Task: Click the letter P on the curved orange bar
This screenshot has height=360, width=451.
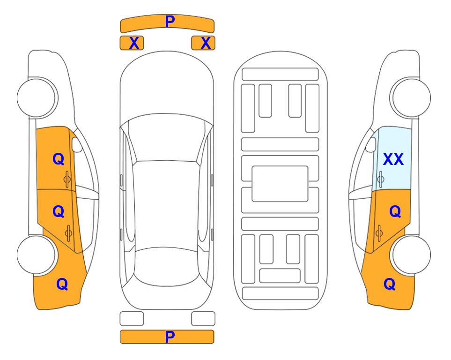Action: point(170,22)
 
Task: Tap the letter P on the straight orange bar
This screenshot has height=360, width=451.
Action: point(170,337)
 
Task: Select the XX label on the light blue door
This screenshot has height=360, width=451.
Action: point(393,159)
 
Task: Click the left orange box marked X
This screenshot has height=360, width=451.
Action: point(132,43)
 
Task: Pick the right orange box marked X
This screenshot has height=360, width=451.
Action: point(203,43)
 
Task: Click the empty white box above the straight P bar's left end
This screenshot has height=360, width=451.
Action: point(132,319)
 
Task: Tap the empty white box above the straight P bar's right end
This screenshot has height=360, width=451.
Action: point(203,319)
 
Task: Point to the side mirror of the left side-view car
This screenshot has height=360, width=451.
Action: point(77,144)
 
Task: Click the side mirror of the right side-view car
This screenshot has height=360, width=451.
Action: point(371,144)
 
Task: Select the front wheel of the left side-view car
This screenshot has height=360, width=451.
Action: point(37,98)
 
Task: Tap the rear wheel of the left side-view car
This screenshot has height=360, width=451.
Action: point(37,255)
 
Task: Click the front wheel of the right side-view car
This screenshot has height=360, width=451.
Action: point(411,98)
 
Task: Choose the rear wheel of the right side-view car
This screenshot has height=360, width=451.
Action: point(411,255)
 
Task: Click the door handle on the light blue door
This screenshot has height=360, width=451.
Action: point(380,179)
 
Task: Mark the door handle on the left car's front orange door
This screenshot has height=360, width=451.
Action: point(67,179)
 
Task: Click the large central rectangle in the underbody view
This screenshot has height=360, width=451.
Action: point(280,184)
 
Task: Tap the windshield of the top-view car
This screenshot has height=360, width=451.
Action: point(167,138)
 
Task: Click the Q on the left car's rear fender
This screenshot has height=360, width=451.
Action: point(62,284)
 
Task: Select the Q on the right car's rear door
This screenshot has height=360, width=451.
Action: point(395,212)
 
